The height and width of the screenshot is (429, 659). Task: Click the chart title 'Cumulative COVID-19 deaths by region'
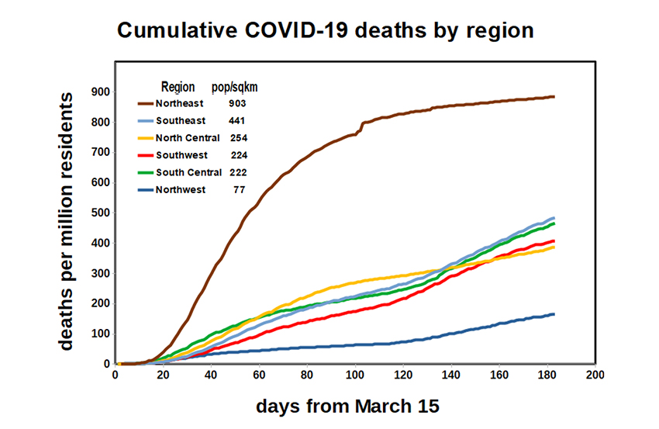[x=325, y=31]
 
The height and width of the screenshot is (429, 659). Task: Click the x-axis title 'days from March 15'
[x=348, y=406]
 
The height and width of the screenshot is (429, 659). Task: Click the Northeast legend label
[x=179, y=103]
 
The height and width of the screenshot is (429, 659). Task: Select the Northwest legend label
[x=180, y=189]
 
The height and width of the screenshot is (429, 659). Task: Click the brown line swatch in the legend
[x=145, y=103]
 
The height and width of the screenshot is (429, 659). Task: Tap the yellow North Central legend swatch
[x=145, y=138]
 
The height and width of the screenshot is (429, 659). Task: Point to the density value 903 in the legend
[x=238, y=103]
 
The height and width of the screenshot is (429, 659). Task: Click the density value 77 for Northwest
[x=240, y=189]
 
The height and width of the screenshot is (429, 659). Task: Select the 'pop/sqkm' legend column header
[x=235, y=86]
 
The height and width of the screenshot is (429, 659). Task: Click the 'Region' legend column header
[x=178, y=86]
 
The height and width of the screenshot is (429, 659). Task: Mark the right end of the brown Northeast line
[x=554, y=97]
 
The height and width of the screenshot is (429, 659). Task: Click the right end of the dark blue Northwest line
[x=554, y=314]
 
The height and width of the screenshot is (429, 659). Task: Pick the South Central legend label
[x=188, y=172]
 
